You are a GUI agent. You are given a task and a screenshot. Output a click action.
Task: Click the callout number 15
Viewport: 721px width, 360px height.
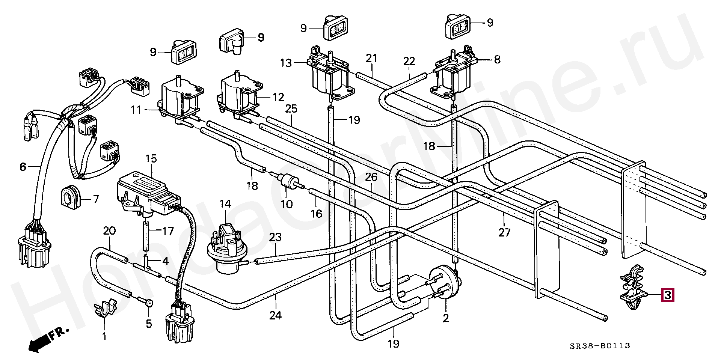coord(151,159)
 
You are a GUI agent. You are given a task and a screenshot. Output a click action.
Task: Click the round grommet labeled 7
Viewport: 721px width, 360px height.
coord(70,195)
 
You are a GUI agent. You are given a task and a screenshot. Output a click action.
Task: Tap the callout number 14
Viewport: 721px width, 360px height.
coord(225,204)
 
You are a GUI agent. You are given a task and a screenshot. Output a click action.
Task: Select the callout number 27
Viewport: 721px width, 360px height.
coord(505,232)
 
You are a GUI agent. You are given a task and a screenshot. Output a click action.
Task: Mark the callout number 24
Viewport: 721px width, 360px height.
coord(275,316)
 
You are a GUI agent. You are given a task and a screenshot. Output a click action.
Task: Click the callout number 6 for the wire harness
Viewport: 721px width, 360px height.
coord(23,166)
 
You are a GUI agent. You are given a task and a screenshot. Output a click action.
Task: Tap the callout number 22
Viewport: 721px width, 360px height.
coord(409,61)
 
